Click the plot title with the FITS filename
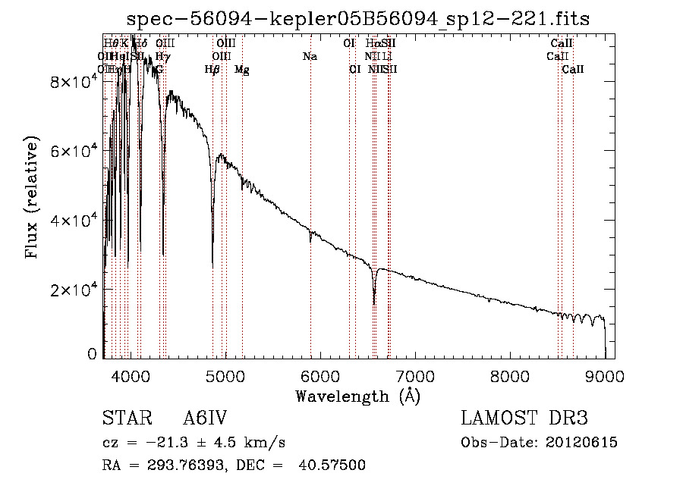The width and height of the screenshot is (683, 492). pos(358,19)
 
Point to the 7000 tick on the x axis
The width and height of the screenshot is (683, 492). pos(414,375)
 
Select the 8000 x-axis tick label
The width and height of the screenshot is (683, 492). pos(509,375)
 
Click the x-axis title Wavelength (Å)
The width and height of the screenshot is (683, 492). pos(357,396)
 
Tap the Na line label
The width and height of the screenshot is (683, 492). pos(310,57)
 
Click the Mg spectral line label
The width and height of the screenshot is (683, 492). pos(241,70)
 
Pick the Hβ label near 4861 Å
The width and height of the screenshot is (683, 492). pos(212,70)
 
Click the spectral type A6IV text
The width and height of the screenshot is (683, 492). pos(205,419)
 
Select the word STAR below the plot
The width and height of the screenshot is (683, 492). pos(123,419)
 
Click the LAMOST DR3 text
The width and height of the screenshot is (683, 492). pos(524,419)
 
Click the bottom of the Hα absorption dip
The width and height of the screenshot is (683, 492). pos(374,304)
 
